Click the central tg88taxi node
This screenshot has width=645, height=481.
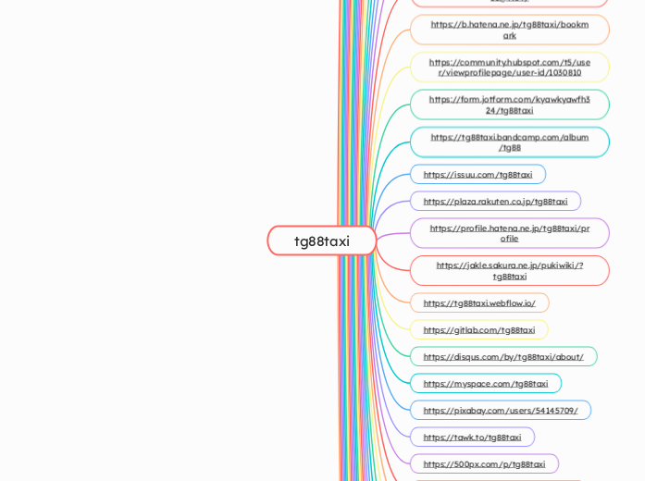coord(322,240)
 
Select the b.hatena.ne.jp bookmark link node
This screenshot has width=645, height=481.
coord(509,30)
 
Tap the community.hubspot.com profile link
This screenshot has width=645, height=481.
coord(509,68)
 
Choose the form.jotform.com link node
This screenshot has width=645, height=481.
coord(509,105)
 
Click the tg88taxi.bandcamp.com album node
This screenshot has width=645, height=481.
coord(509,142)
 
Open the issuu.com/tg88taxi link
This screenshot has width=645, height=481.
coord(478,175)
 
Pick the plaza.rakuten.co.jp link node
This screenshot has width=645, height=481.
coord(495,202)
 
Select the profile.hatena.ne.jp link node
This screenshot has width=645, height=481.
coord(509,233)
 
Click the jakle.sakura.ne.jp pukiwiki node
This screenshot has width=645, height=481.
coord(509,270)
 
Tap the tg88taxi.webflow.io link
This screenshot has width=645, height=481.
coord(479,303)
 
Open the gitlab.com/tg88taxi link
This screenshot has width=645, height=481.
coord(478,330)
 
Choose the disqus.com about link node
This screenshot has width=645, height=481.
coord(503,357)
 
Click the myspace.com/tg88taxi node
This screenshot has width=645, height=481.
coord(485,384)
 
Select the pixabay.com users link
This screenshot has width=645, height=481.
coord(500,411)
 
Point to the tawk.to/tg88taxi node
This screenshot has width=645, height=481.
coord(472,438)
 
